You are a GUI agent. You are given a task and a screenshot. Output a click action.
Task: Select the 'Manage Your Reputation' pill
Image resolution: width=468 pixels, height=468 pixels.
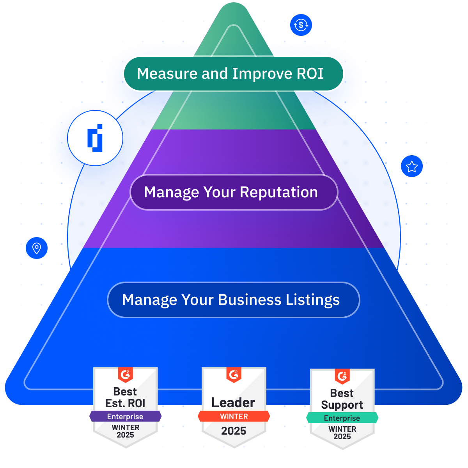pos(233,192)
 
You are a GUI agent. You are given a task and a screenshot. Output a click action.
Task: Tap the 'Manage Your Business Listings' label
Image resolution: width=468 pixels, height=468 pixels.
pos(233,300)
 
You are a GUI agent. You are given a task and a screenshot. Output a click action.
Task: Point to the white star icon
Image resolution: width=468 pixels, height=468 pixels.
pos(411,167)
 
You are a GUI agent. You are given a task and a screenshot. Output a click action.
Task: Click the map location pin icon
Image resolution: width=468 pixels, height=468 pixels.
pos(37,248)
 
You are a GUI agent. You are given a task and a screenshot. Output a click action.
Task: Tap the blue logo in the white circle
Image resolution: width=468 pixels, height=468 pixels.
pos(95,138)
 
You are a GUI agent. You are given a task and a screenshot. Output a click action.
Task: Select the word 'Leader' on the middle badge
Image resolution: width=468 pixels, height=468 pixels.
pos(233,402)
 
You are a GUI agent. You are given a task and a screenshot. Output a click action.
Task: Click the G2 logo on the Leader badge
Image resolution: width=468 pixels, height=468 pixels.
pos(234,375)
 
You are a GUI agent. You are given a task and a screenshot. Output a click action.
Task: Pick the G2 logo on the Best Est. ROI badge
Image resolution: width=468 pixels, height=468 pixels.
pos(126,375)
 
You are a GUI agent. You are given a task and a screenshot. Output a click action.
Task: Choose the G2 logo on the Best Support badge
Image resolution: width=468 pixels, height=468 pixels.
pos(342,376)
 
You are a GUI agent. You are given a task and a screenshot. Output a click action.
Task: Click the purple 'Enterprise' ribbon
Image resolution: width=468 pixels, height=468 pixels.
pos(125,417)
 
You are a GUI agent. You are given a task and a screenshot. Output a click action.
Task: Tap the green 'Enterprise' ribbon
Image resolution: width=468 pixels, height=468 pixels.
pos(342,418)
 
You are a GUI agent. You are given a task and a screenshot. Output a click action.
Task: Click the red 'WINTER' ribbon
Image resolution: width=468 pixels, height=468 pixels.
pos(234,417)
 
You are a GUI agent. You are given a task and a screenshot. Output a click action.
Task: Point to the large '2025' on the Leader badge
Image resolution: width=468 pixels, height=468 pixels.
pos(234,431)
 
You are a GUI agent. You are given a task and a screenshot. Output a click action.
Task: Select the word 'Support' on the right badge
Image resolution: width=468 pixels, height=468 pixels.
pos(342,405)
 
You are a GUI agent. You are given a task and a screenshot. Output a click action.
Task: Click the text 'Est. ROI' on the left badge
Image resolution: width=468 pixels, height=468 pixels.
pos(125,403)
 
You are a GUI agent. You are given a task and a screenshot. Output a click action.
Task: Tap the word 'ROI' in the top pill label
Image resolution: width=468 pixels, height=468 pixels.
pos(310,74)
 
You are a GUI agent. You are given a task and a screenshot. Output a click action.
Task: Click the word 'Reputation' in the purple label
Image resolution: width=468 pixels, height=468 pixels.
pos(278,192)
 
